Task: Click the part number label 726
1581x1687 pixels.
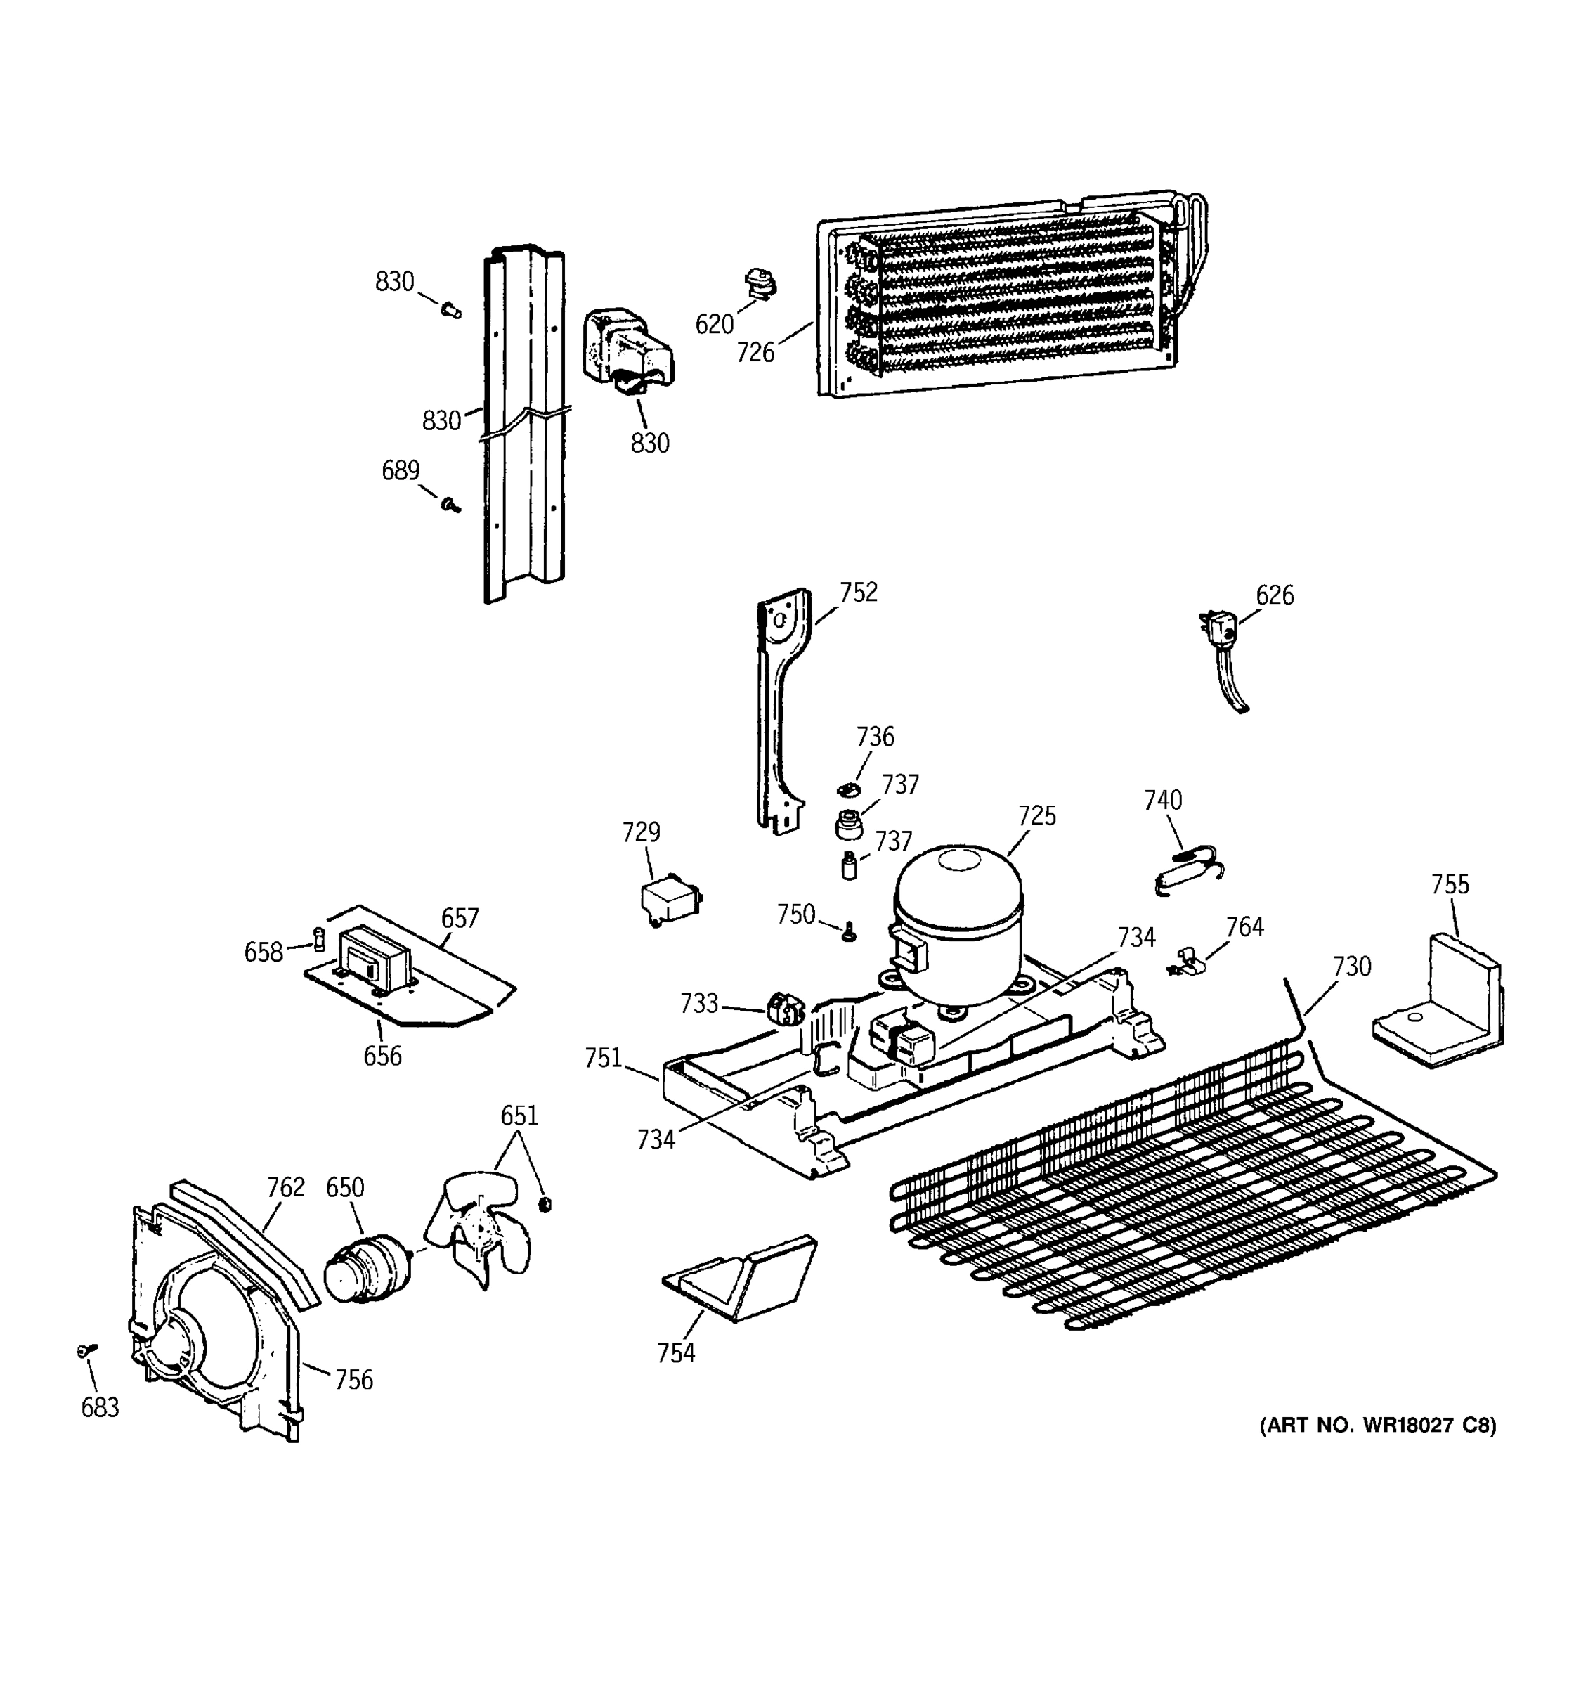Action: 755,351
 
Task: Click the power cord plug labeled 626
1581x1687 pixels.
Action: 1221,631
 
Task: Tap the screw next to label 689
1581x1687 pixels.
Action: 451,506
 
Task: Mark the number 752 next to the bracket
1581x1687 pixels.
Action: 859,593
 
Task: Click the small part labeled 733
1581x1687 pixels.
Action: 785,1011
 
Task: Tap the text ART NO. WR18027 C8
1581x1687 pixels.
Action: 1377,1426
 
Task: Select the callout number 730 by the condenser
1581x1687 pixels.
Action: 1351,967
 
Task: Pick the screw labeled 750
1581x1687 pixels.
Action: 847,933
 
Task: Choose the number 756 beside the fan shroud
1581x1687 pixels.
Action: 353,1380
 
